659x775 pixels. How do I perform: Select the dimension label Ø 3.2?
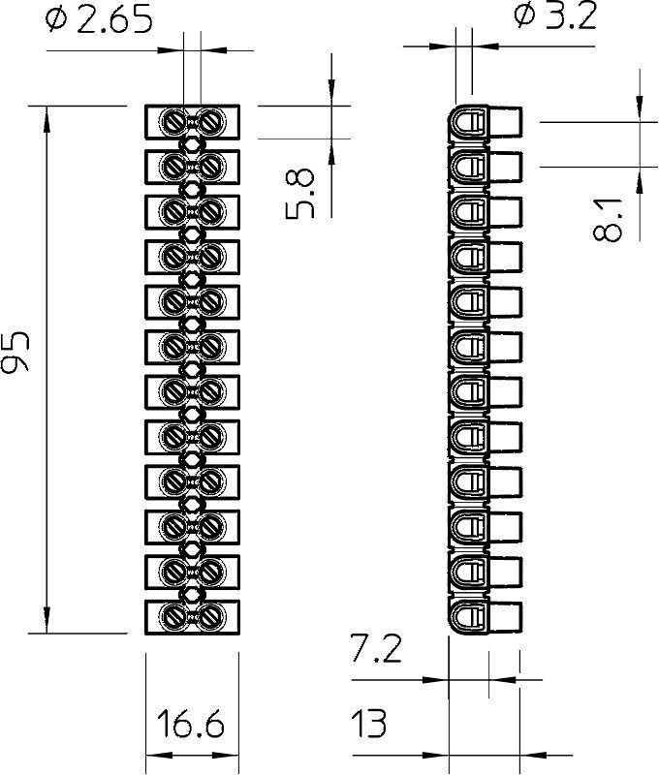555,15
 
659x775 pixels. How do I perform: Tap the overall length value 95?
16,351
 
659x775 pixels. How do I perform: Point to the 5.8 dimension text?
299,194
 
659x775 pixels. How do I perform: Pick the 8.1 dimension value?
607,219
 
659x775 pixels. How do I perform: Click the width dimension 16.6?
190,723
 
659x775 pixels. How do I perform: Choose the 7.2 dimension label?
376,648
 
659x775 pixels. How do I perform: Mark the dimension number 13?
369,723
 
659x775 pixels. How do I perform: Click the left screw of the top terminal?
174,121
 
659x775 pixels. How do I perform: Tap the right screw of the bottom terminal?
210,616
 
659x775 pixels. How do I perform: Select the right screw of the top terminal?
210,121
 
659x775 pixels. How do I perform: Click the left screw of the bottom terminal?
174,616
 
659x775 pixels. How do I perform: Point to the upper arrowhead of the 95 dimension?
47,119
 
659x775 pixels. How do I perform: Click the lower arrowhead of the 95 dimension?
47,620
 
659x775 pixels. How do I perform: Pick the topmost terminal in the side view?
485,122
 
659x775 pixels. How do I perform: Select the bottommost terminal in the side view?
485,616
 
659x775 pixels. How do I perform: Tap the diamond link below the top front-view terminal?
192,144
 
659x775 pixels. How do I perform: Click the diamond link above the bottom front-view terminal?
192,594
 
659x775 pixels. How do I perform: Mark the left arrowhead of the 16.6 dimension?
160,756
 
